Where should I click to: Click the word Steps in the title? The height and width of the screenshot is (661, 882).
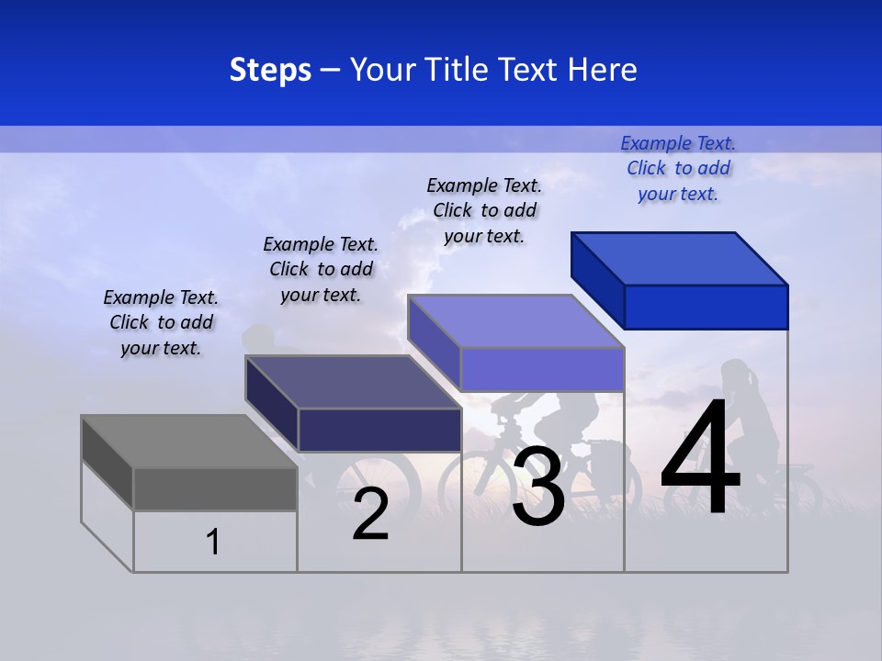(270, 70)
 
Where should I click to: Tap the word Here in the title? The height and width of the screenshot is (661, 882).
(602, 70)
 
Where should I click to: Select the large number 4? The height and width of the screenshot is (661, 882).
(700, 459)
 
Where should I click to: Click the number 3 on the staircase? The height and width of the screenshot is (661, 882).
(538, 487)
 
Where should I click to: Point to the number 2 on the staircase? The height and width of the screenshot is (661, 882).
(370, 514)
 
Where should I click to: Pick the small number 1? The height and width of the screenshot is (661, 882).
(213, 543)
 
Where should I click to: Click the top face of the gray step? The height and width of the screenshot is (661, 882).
(188, 442)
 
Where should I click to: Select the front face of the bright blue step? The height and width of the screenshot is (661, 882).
(706, 307)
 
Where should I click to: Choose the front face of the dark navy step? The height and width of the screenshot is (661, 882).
(379, 430)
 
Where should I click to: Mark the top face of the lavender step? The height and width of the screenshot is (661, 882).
(516, 321)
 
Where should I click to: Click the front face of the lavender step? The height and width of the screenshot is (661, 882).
(542, 369)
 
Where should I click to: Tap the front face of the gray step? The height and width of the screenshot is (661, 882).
(215, 488)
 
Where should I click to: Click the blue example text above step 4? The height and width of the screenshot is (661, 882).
(678, 168)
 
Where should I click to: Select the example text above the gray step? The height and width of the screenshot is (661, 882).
(161, 322)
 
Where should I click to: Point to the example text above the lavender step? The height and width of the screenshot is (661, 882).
(484, 210)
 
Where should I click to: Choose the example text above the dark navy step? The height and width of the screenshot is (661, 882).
(321, 269)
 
